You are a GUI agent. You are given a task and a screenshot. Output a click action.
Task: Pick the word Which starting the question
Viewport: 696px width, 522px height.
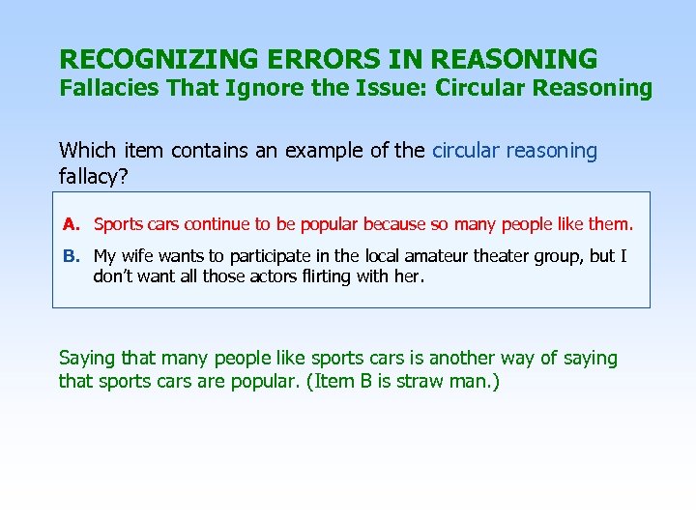tap(87, 151)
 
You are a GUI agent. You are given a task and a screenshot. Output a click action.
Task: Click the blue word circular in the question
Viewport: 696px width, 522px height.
tap(467, 151)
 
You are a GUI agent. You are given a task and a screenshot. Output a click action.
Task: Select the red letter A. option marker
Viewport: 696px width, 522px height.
tap(71, 225)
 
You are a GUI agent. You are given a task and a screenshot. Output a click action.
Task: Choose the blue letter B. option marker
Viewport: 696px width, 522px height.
tap(71, 256)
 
